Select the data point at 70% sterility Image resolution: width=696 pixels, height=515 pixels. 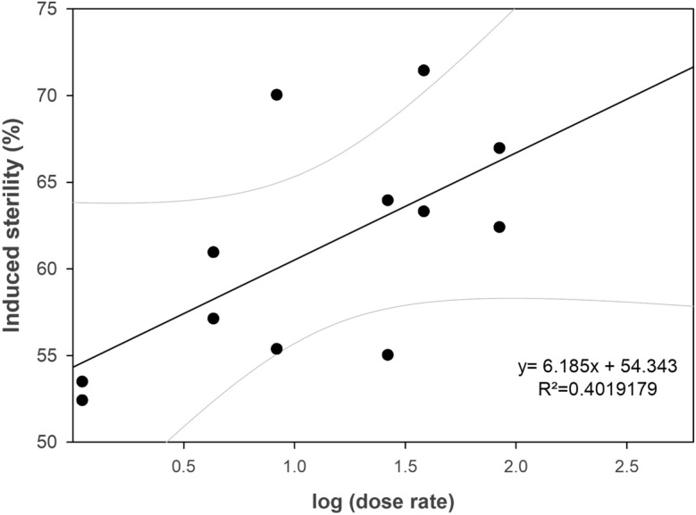coord(277,95)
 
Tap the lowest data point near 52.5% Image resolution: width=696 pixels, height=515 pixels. coord(82,400)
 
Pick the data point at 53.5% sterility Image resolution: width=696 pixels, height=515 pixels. coord(82,381)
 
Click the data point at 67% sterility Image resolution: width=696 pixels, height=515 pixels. coord(499,148)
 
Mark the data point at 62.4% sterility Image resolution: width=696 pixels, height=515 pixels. coord(499,227)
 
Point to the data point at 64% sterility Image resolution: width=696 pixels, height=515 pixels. coord(388,200)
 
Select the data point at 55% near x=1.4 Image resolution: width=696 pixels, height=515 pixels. coord(388,354)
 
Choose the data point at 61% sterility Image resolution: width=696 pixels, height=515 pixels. coord(214,252)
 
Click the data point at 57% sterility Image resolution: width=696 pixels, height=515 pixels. coord(214,319)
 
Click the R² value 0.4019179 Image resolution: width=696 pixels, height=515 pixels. coord(592,390)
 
